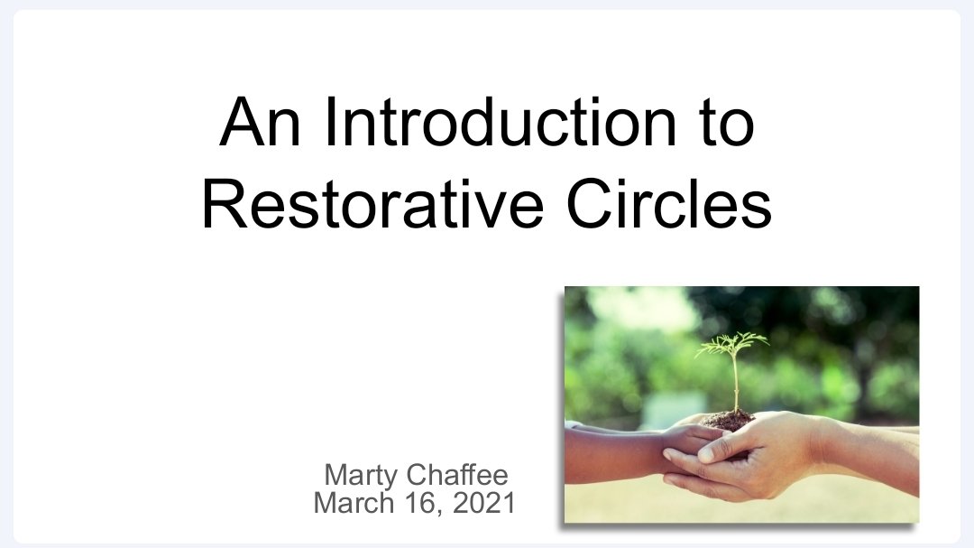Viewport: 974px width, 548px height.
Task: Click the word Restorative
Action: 372,205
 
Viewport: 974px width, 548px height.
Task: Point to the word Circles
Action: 669,205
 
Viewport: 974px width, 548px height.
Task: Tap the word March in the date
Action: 352,503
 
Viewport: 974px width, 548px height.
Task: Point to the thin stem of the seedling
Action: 736,384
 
